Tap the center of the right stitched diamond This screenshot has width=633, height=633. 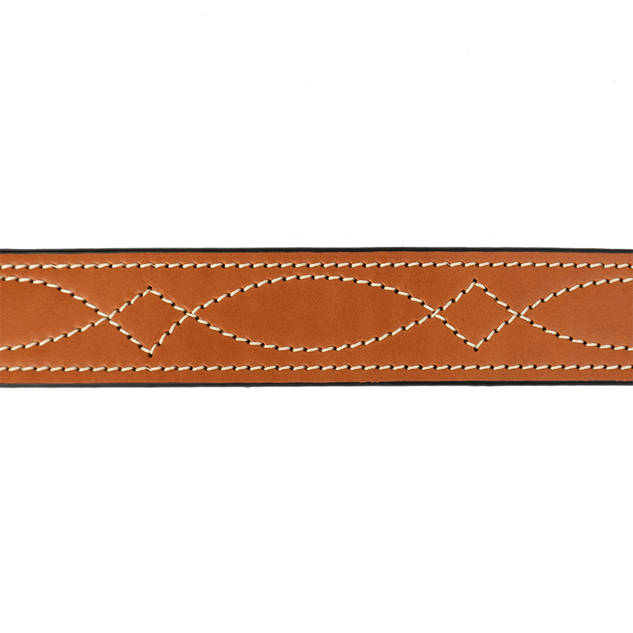[477, 314]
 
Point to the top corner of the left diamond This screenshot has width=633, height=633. [149, 288]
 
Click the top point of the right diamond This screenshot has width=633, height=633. [477, 283]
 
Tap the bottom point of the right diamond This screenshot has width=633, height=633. [477, 347]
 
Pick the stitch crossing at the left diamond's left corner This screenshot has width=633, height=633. [109, 318]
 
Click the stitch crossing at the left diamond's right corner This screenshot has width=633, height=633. [188, 316]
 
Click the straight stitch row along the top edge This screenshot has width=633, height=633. [316, 265]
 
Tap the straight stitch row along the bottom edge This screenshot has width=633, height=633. [316, 368]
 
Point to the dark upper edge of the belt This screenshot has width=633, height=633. [316, 250]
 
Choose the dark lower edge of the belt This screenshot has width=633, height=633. [316, 384]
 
